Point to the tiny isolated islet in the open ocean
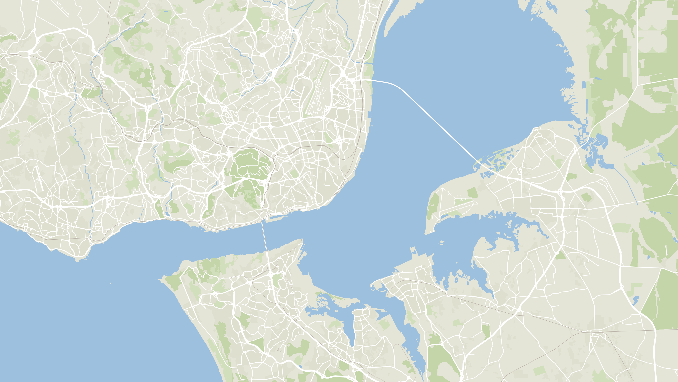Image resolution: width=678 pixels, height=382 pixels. (110, 283)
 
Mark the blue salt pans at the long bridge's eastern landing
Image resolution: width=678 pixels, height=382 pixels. (495, 164)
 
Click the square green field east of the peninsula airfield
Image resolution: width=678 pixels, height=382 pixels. (472, 193)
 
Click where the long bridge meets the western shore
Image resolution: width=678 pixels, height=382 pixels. (372, 80)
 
